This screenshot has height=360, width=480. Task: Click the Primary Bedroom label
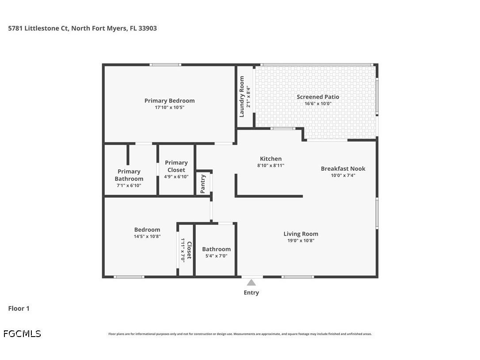click(169, 100)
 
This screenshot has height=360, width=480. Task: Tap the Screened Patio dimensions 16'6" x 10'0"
click(318, 103)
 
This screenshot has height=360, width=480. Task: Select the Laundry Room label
click(242, 96)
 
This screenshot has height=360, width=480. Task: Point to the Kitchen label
click(270, 159)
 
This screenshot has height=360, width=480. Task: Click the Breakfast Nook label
click(343, 169)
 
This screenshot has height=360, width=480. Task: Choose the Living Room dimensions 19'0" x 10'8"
click(301, 241)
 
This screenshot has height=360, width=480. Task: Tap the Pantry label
click(203, 184)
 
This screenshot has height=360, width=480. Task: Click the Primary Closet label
click(176, 166)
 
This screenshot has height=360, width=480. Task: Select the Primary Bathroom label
click(129, 175)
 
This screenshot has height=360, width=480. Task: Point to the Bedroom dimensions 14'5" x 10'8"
click(147, 236)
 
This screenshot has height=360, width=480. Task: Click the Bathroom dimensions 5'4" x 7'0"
click(216, 256)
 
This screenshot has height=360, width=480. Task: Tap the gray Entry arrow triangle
click(251, 283)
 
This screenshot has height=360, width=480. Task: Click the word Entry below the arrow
click(251, 292)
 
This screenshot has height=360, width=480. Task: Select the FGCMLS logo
click(22, 333)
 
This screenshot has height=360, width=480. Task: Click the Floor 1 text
click(19, 308)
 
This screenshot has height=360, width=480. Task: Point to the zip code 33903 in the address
click(147, 28)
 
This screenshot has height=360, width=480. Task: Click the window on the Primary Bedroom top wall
click(165, 65)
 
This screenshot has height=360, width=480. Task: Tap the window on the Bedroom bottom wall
click(129, 277)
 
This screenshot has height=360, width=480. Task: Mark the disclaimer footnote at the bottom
click(240, 334)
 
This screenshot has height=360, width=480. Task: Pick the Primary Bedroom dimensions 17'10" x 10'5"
click(169, 107)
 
